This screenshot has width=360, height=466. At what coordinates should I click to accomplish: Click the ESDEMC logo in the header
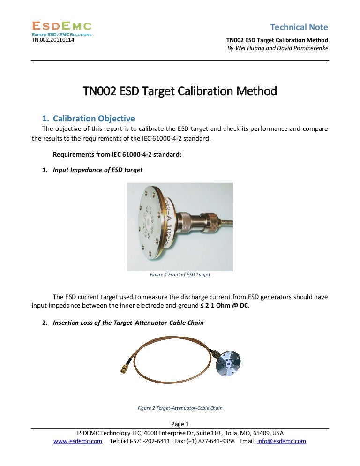coord(61,28)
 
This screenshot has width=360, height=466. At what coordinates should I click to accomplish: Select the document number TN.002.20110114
coord(52,40)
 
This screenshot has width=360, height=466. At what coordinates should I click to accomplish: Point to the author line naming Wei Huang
coord(277,48)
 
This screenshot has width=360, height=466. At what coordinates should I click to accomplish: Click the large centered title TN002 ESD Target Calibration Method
coord(180,90)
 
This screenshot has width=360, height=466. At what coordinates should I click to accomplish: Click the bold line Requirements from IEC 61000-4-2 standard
coord(117,154)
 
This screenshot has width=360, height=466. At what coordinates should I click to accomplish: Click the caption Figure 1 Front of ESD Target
coord(180,275)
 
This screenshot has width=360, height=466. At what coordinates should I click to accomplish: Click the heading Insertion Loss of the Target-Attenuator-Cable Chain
coord(128,323)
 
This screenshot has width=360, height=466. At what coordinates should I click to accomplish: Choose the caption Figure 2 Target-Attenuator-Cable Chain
coord(180,408)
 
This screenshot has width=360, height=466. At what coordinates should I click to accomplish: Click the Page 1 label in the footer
coord(180,424)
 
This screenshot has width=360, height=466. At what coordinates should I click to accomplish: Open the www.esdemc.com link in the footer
coord(78,441)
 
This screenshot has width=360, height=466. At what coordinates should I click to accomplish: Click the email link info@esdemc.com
coord(282,441)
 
